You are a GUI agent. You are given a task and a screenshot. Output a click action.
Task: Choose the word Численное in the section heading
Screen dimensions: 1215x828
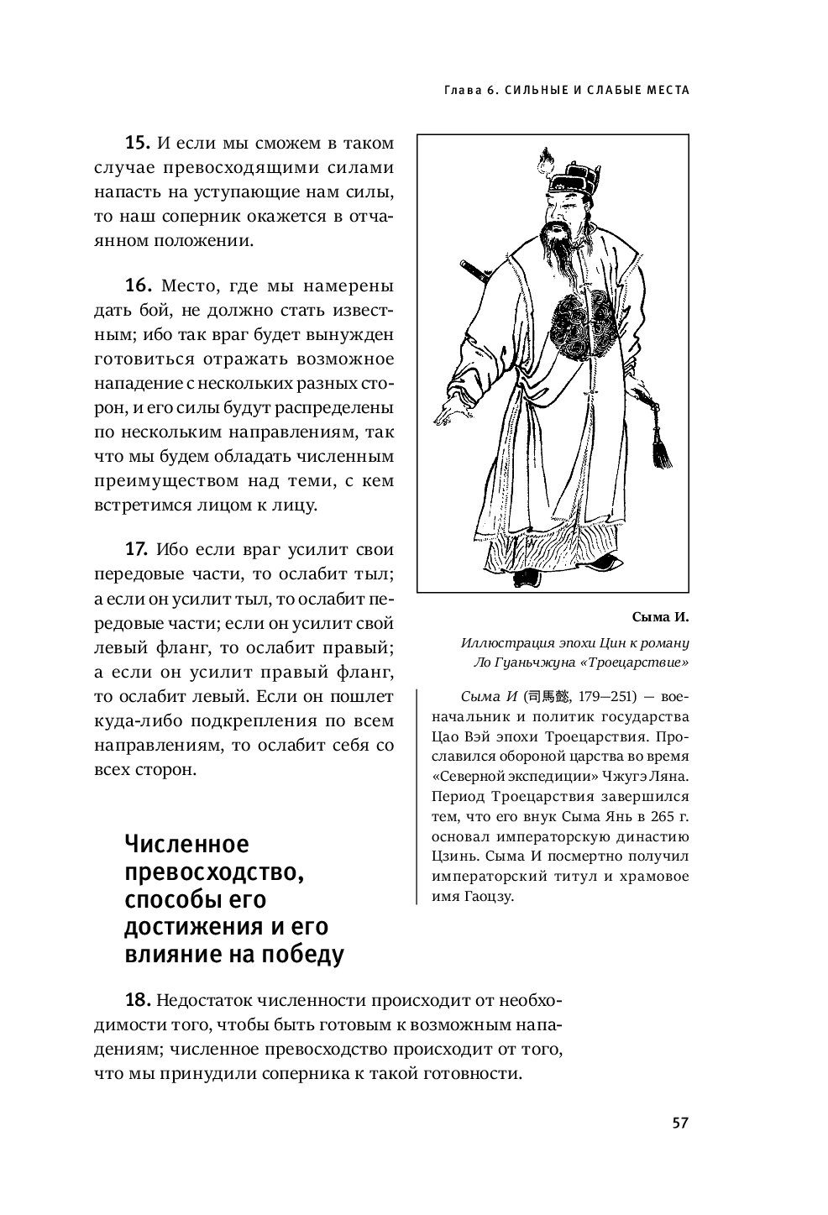pyautogui.click(x=186, y=843)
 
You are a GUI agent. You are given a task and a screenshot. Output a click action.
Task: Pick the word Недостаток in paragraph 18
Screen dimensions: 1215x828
pyautogui.click(x=204, y=1000)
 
